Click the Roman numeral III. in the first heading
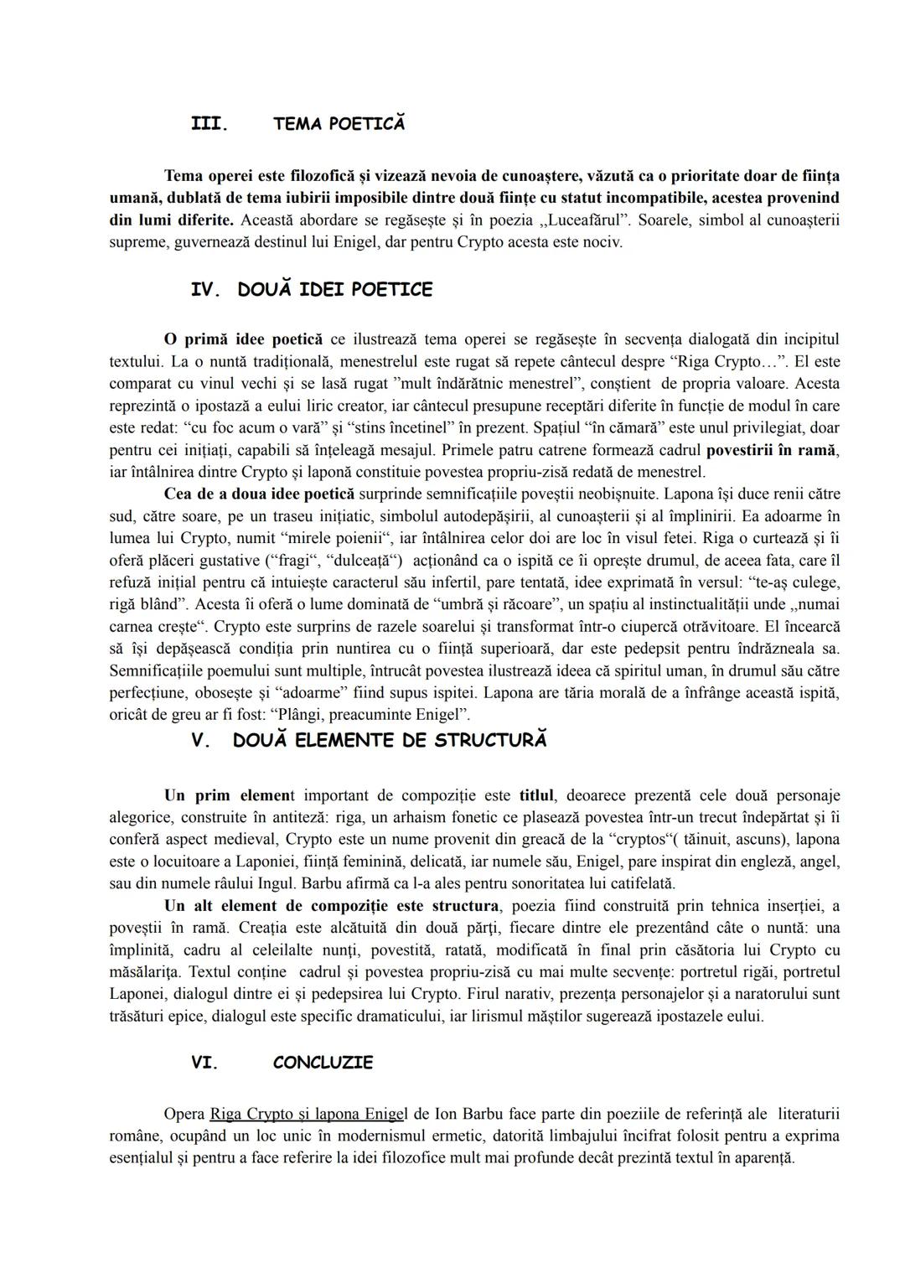tap(209, 124)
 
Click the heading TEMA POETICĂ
tap(339, 124)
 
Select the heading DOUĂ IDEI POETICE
tap(334, 290)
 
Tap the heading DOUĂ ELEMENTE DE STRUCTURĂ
tap(390, 741)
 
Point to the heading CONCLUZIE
tap(323, 1063)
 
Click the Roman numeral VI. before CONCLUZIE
tap(204, 1063)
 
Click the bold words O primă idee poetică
tap(243, 339)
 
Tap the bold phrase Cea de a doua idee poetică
tap(259, 494)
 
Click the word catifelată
tap(638, 883)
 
